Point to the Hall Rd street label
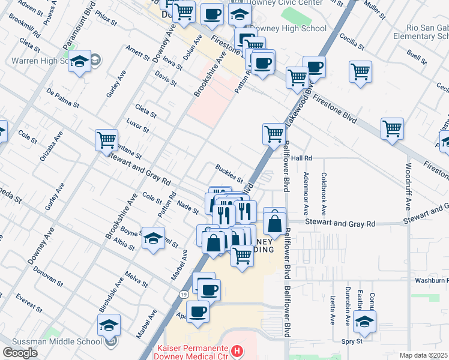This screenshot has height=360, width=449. (x=303, y=158)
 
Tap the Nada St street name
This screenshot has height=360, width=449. (x=188, y=206)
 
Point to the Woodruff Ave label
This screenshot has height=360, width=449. (x=408, y=186)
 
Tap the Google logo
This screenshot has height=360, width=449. (x=20, y=353)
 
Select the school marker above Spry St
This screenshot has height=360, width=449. (x=364, y=321)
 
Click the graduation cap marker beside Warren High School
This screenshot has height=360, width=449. (x=79, y=61)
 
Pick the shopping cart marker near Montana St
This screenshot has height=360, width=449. (x=106, y=140)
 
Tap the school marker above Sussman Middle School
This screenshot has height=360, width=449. (x=109, y=325)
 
